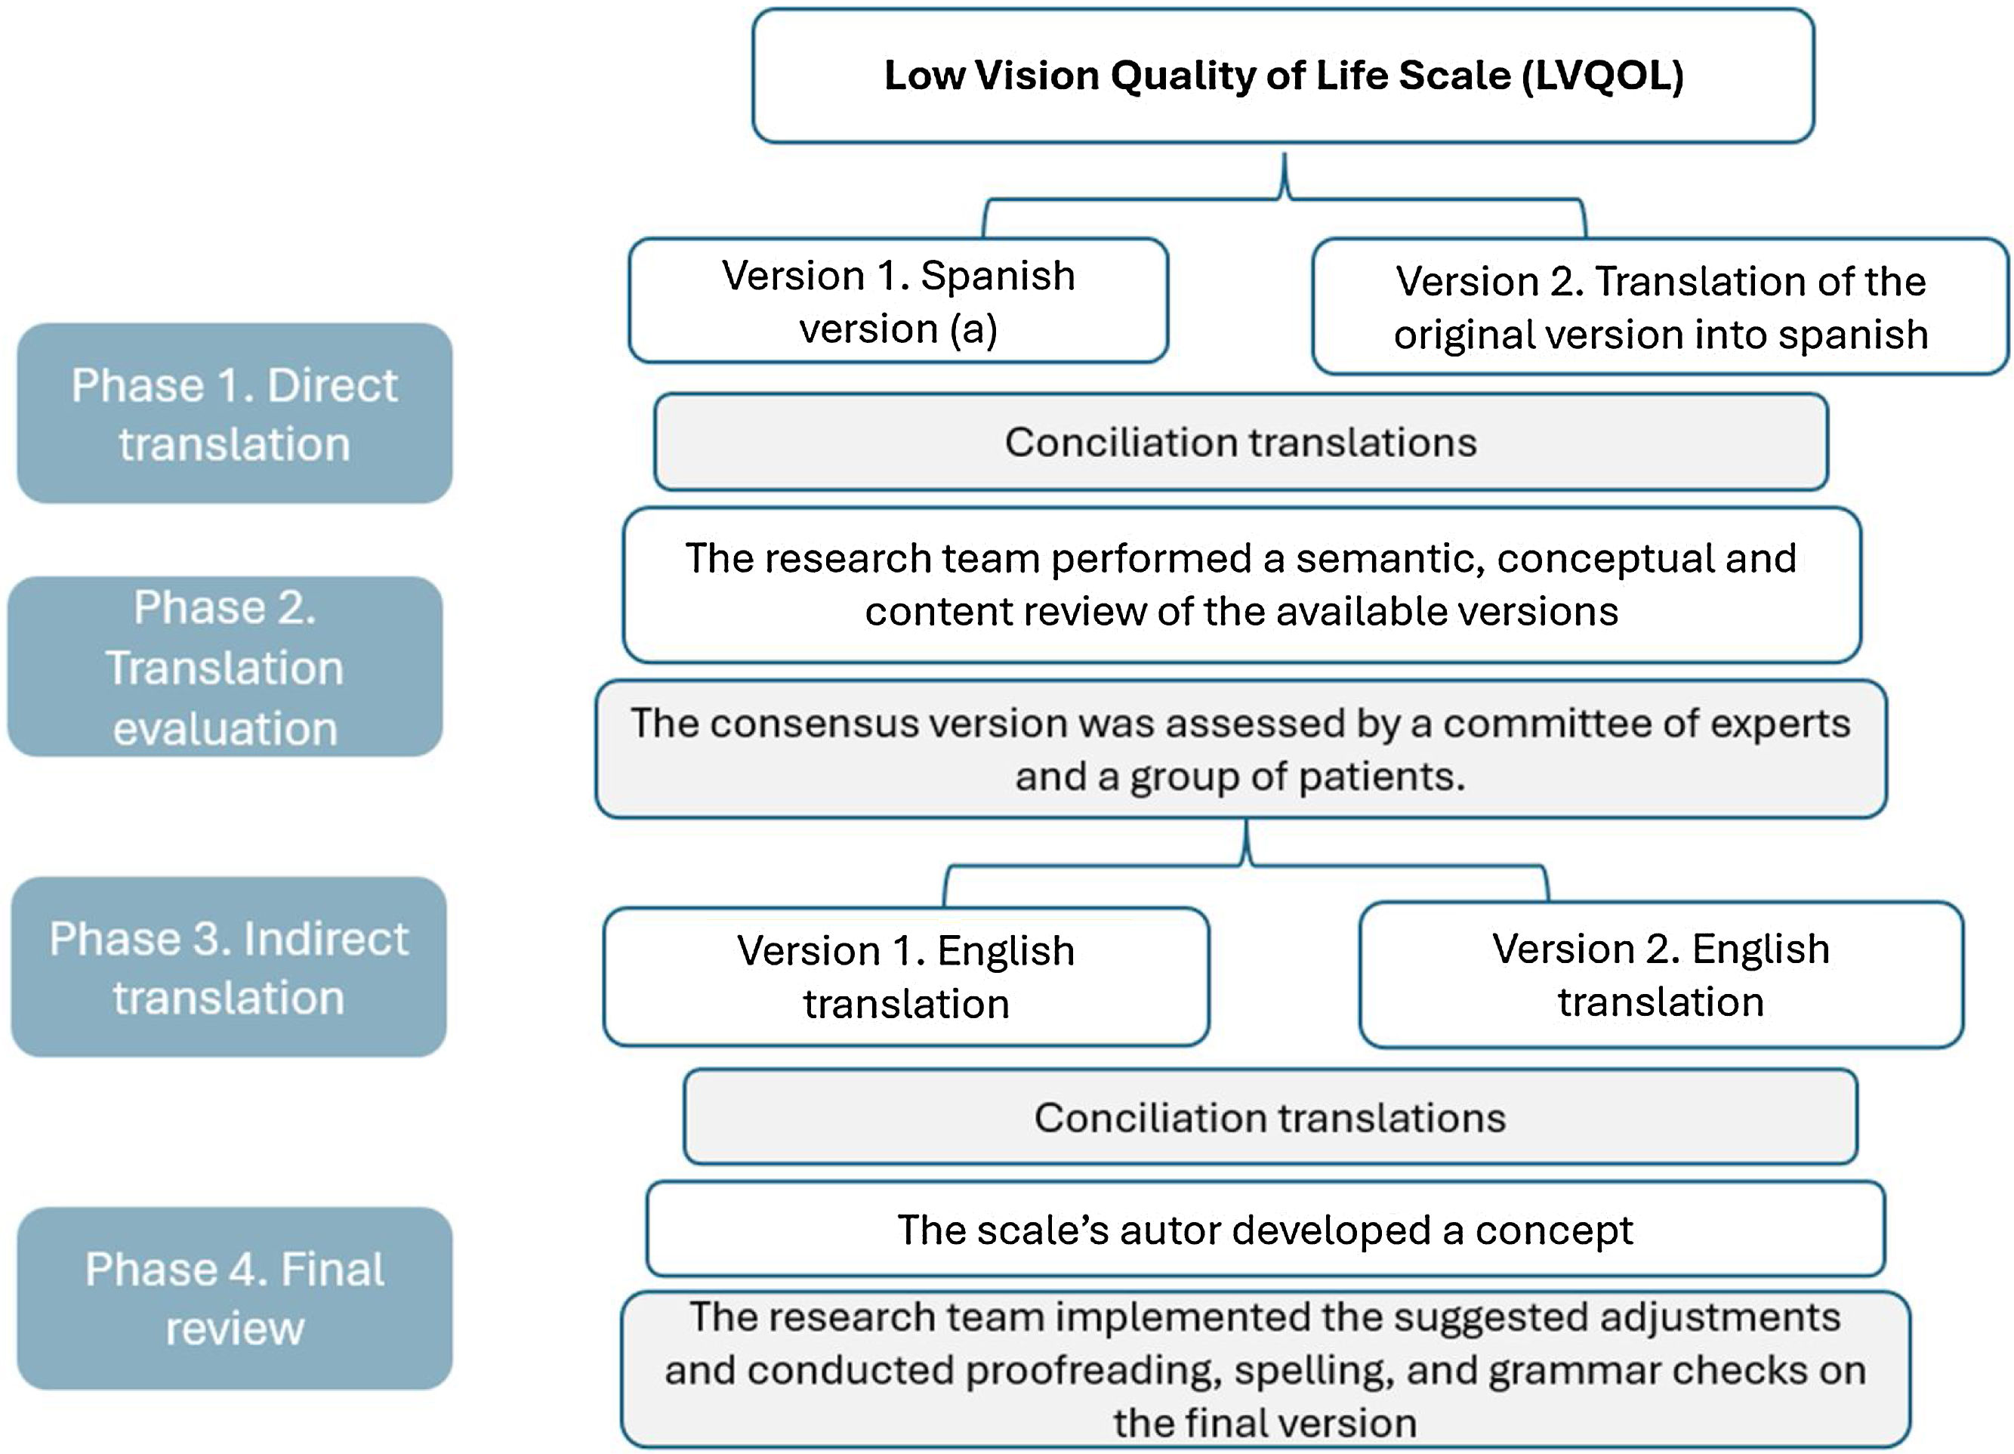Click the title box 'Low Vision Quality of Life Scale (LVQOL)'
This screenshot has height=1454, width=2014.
point(1282,76)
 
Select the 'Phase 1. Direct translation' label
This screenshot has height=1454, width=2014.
point(234,414)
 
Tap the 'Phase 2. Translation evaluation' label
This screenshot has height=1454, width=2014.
point(226,667)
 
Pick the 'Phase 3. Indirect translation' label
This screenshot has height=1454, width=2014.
point(229,968)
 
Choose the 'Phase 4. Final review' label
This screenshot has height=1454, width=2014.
point(234,1298)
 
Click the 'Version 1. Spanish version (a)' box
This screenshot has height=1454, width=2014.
point(898,301)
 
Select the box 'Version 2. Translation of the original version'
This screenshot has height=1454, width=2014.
point(1660,307)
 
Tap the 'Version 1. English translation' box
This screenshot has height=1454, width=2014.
point(905,977)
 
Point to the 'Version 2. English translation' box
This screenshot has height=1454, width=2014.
point(1661,974)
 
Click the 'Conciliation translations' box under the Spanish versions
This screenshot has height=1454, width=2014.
point(1241,443)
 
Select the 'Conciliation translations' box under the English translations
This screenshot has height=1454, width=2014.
point(1270,1117)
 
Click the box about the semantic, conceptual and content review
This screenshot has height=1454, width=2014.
point(1241,585)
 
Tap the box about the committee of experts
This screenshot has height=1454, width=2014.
point(1241,749)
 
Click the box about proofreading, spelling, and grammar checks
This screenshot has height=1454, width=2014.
point(1265,1369)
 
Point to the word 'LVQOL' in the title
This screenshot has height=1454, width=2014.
point(1603,76)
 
